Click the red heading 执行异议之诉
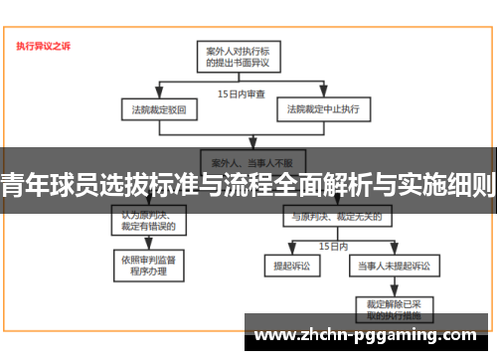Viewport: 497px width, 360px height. tap(43, 45)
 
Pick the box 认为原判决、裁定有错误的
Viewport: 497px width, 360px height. tap(148, 218)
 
